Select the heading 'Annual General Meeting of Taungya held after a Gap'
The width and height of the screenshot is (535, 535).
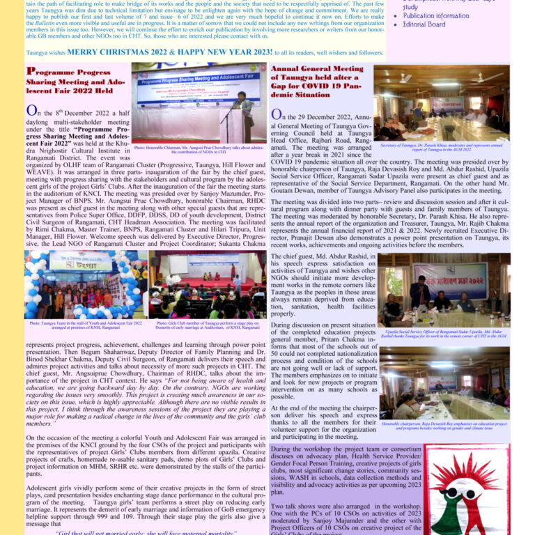pos(317,82)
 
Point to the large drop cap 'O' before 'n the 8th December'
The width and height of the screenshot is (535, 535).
pos(32,111)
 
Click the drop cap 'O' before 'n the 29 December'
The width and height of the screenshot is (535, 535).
pos(277,115)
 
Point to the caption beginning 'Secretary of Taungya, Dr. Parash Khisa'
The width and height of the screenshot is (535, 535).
pos(442,147)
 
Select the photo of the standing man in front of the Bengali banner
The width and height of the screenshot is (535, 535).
pos(444,289)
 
